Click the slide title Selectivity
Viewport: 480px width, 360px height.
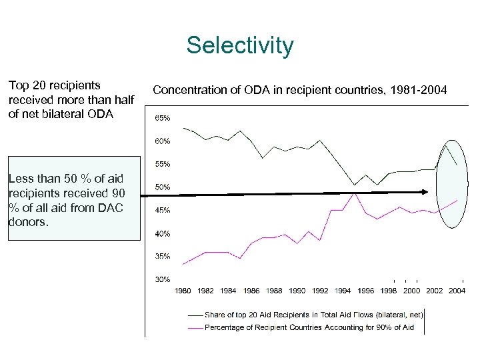pos(239,46)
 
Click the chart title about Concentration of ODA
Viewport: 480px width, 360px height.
pos(300,89)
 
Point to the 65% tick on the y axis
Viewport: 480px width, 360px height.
pos(163,118)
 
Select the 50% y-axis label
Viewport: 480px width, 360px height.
pos(163,187)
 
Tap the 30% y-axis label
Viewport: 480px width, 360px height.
pos(163,279)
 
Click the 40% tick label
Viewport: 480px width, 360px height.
pos(163,233)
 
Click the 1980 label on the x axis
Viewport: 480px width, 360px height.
pos(183,291)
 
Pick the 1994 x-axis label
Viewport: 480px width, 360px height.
pos(343,291)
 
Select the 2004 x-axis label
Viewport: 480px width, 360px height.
pos(457,291)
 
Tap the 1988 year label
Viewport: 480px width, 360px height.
pos(274,291)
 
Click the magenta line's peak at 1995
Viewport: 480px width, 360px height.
pos(355,193)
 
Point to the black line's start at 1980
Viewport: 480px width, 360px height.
pos(183,127)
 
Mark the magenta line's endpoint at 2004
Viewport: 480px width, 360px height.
pos(457,200)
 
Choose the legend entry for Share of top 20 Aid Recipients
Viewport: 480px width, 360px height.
pos(313,314)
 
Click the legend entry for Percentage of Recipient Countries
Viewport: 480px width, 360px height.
pos(309,327)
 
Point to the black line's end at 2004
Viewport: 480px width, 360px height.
pos(457,165)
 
